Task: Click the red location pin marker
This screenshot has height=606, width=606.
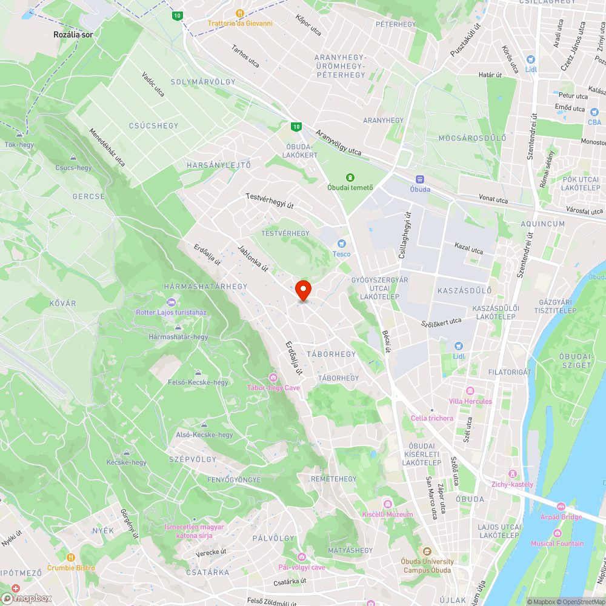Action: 303,290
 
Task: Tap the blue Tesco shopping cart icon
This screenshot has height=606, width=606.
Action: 341,243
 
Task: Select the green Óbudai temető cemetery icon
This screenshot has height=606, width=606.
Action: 350,177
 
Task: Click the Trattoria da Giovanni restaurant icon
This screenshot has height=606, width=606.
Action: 240,13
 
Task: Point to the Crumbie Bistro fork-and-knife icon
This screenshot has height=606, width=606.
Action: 71,557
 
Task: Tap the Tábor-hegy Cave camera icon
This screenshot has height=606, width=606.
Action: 273,378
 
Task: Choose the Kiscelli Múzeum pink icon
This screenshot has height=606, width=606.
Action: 387,504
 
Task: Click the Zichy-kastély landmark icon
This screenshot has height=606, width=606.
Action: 513,473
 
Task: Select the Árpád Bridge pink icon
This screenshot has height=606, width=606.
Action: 561,506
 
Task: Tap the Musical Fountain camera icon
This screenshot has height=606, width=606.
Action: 557,533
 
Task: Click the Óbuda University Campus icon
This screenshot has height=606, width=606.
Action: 427,551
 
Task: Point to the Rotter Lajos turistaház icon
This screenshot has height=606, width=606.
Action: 171,302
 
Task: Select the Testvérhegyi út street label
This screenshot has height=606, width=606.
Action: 270,201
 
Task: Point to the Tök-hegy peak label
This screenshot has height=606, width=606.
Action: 19,145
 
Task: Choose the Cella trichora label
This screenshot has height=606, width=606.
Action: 431,418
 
